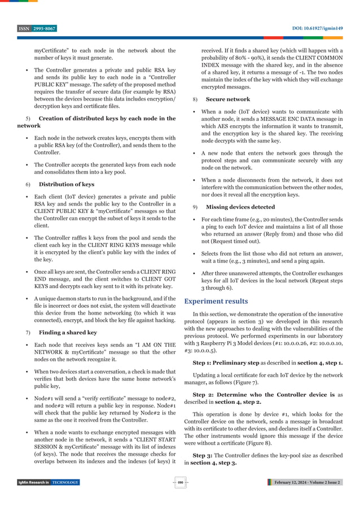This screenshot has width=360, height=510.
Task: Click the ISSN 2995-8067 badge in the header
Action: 37,29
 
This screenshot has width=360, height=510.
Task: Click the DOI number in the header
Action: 318,29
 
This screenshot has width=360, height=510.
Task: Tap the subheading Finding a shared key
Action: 68,333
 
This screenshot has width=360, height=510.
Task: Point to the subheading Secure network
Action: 228,99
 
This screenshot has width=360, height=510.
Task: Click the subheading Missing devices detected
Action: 240,207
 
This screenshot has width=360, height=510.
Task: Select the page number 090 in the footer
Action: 180,482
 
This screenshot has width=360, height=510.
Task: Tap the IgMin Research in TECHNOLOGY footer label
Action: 48,482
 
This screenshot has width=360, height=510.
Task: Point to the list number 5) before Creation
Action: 29,118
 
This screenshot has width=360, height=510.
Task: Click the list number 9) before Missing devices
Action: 195,207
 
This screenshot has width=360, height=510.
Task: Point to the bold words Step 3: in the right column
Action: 203,455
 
